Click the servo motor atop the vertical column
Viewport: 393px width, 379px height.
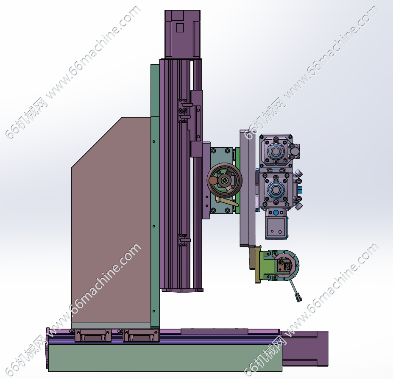pos(182,34)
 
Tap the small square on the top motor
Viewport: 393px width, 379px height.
pos(180,28)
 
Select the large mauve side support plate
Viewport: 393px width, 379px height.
pos(111,220)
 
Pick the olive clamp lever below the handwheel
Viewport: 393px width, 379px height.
pos(227,201)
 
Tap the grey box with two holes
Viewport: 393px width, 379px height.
pos(276,228)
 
